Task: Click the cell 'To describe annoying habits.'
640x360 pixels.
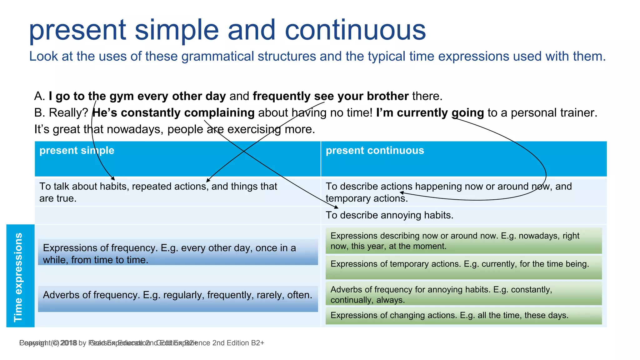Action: [x=389, y=215]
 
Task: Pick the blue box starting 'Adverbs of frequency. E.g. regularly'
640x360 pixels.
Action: [x=178, y=298]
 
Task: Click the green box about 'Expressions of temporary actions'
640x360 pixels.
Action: [x=463, y=267]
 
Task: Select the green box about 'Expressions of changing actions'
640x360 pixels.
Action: [x=463, y=315]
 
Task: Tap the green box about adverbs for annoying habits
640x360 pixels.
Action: [x=463, y=294]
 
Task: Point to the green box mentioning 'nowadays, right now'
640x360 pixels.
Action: [x=463, y=241]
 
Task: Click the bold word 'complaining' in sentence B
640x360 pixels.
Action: [x=219, y=113]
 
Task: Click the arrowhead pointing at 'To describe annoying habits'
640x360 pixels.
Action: [x=337, y=207]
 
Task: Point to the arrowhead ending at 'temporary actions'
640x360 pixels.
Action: [x=402, y=193]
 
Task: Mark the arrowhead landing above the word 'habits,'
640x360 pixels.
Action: [x=113, y=178]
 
